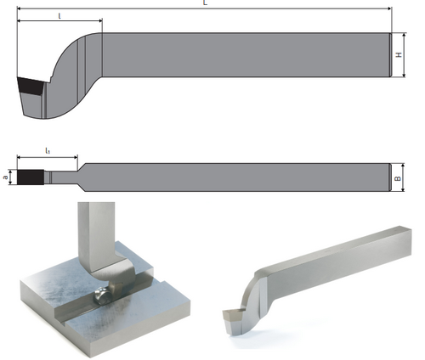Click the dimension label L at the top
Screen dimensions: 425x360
[206, 3]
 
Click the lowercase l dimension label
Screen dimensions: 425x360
[59, 16]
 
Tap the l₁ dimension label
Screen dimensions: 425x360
[48, 151]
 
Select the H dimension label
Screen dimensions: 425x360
[399, 54]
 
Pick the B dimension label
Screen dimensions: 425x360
[398, 178]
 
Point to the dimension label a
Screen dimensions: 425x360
[5, 177]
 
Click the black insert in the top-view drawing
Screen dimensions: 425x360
[31, 177]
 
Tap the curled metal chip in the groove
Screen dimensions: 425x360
[103, 296]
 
